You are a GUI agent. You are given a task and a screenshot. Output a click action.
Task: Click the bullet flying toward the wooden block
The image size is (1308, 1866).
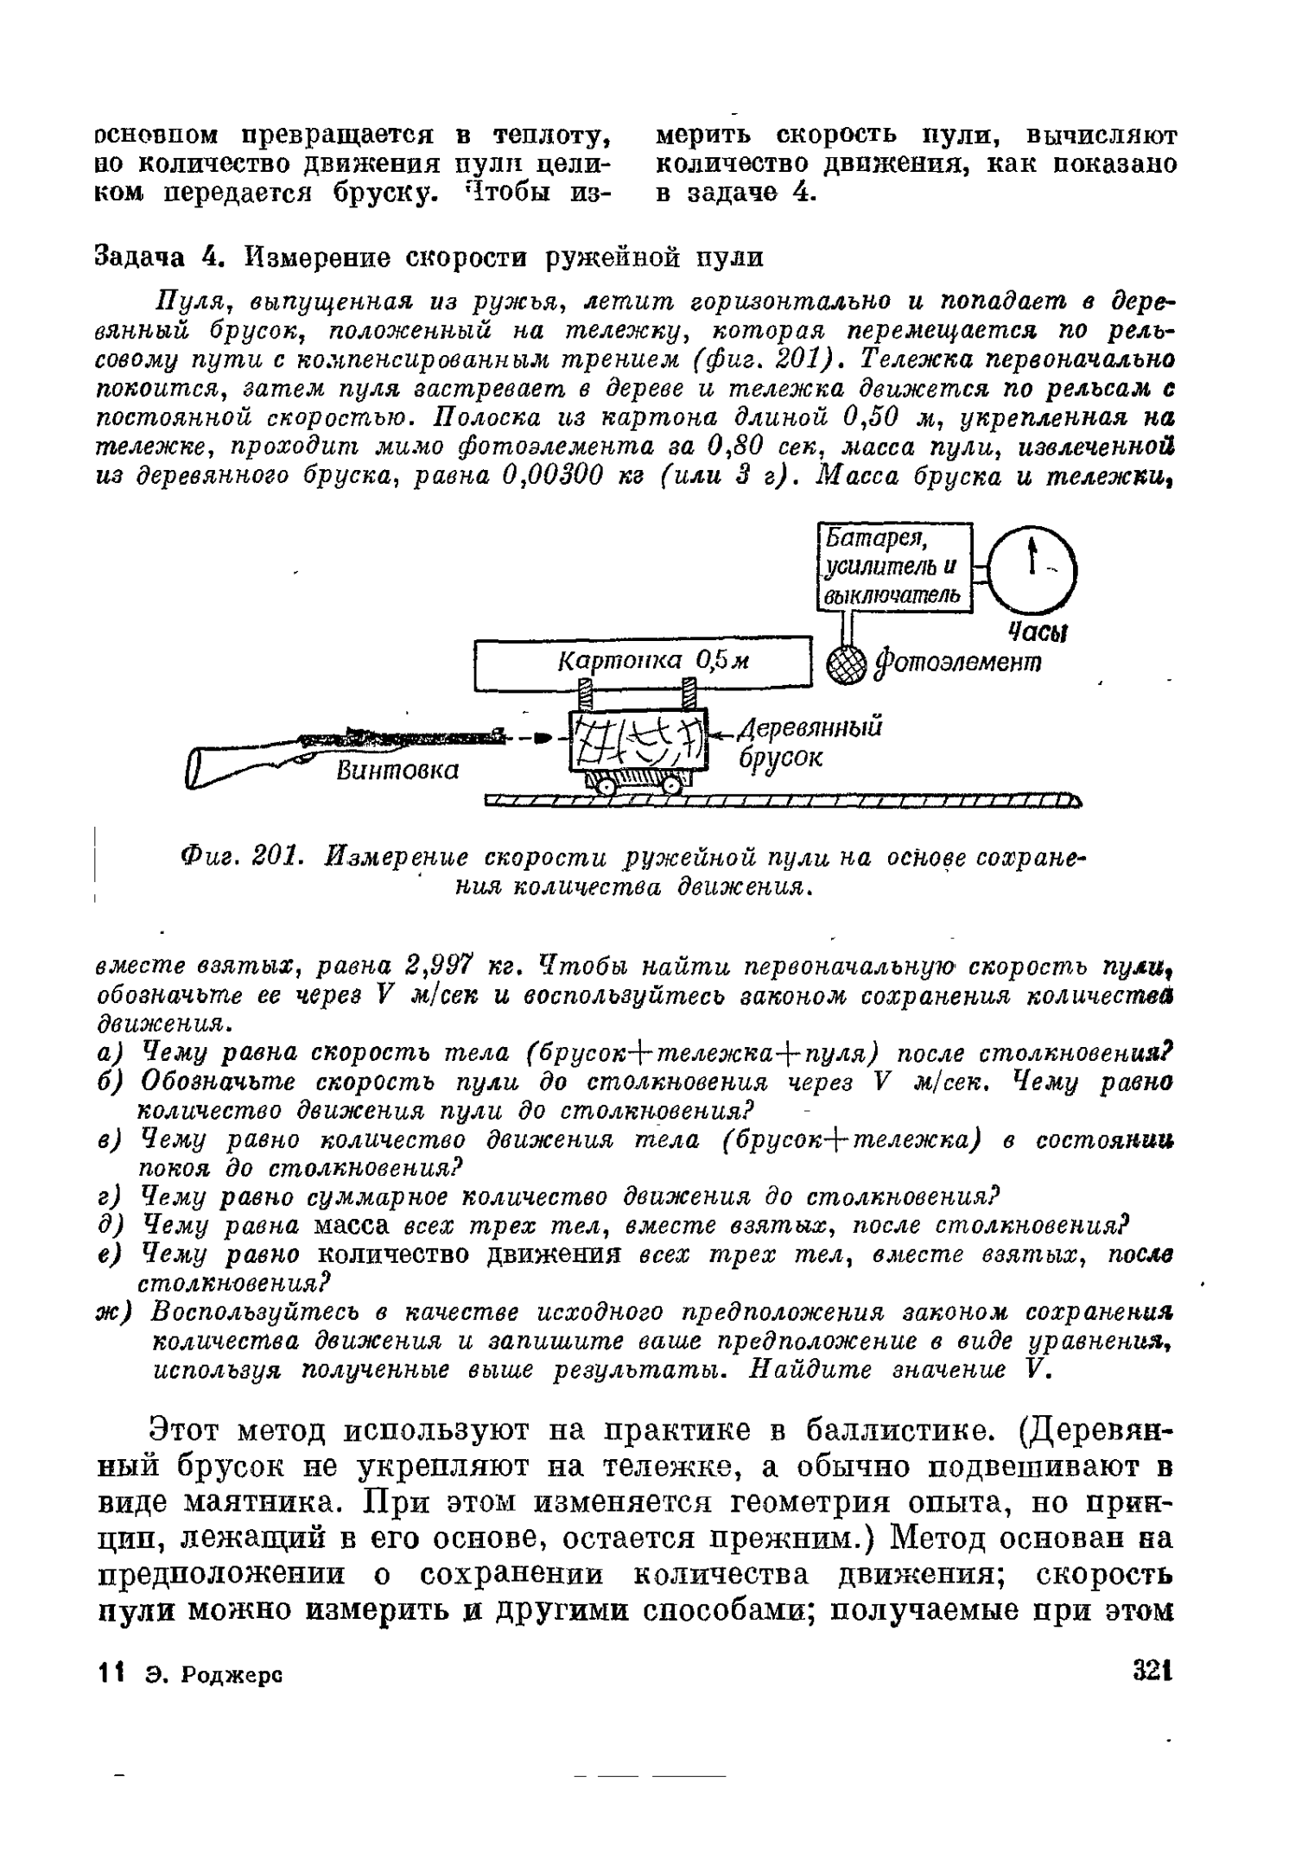542,739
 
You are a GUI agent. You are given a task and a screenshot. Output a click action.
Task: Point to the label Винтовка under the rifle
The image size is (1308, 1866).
397,769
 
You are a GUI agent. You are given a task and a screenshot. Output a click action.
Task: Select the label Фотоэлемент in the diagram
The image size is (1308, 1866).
959,663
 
